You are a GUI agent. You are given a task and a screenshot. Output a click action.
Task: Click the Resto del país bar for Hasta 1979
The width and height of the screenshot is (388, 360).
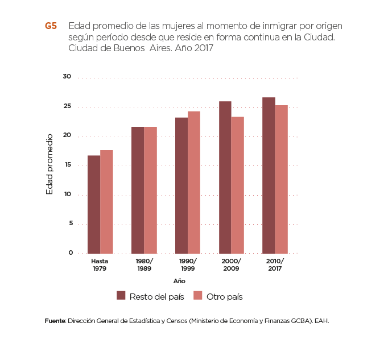[94, 204]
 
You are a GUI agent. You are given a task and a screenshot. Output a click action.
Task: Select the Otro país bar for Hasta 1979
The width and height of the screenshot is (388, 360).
[106, 202]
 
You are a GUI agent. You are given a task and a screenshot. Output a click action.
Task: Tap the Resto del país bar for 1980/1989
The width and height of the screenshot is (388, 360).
[138, 190]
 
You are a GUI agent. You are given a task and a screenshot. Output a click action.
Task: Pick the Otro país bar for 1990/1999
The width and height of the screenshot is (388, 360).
[194, 182]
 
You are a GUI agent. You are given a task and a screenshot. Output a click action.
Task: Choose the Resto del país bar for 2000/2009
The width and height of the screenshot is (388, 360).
[225, 177]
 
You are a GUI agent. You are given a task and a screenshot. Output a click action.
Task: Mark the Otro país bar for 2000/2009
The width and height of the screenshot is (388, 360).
[238, 185]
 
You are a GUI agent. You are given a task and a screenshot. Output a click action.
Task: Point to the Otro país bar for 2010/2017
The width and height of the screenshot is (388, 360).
[281, 179]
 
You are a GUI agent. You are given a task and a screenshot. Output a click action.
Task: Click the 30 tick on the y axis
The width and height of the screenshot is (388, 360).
[67, 77]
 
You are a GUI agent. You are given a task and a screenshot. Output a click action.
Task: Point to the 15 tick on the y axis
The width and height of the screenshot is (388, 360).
[67, 165]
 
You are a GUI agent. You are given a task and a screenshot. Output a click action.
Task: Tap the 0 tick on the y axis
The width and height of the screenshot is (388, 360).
[69, 253]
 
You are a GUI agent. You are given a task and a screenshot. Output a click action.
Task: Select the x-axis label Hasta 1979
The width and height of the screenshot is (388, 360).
[100, 264]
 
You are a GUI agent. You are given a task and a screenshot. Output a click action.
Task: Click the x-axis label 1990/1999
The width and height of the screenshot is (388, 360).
[188, 264]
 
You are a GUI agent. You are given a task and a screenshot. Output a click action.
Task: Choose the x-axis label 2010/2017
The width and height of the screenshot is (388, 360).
[275, 264]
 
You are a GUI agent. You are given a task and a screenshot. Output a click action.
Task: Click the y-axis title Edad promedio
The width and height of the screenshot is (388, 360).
[49, 164]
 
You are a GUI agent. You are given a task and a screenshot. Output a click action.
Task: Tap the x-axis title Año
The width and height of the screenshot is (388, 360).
[179, 281]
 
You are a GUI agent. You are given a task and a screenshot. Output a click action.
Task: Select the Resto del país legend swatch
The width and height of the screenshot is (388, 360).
[121, 296]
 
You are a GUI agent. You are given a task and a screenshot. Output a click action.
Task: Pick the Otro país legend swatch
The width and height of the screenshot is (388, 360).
[198, 296]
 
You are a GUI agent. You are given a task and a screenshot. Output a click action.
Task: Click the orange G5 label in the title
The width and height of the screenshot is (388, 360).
[51, 26]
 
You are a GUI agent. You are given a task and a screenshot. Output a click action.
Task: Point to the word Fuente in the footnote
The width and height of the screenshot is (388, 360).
[55, 321]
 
